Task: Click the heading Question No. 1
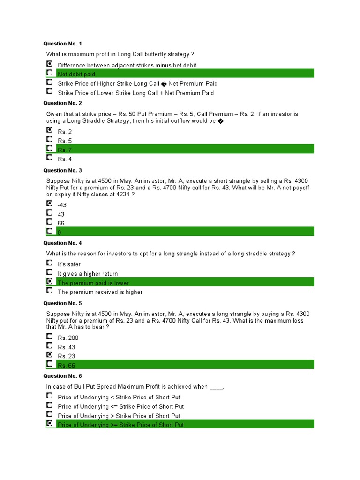pyautogui.click(x=62, y=44)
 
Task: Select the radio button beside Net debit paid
pyautogui.click(x=50, y=73)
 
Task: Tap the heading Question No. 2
pyautogui.click(x=62, y=103)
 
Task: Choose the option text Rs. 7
pyautogui.click(x=65, y=150)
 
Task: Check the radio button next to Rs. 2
pyautogui.click(x=50, y=130)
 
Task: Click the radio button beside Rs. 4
pyautogui.click(x=50, y=158)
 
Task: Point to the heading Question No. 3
pyautogui.click(x=62, y=170)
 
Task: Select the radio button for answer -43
pyautogui.click(x=50, y=203)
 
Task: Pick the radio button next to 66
pyautogui.click(x=50, y=222)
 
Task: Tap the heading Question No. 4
pyautogui.click(x=62, y=243)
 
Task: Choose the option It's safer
pyautogui.click(x=69, y=264)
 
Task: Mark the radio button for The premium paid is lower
pyautogui.click(x=50, y=281)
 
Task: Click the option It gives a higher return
pyautogui.click(x=88, y=274)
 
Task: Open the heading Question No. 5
pyautogui.click(x=62, y=303)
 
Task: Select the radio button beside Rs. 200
pyautogui.click(x=50, y=337)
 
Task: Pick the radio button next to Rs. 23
pyautogui.click(x=50, y=355)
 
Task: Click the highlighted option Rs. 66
pyautogui.click(x=66, y=366)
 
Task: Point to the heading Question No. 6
pyautogui.click(x=62, y=376)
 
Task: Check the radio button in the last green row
pyautogui.click(x=50, y=423)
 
